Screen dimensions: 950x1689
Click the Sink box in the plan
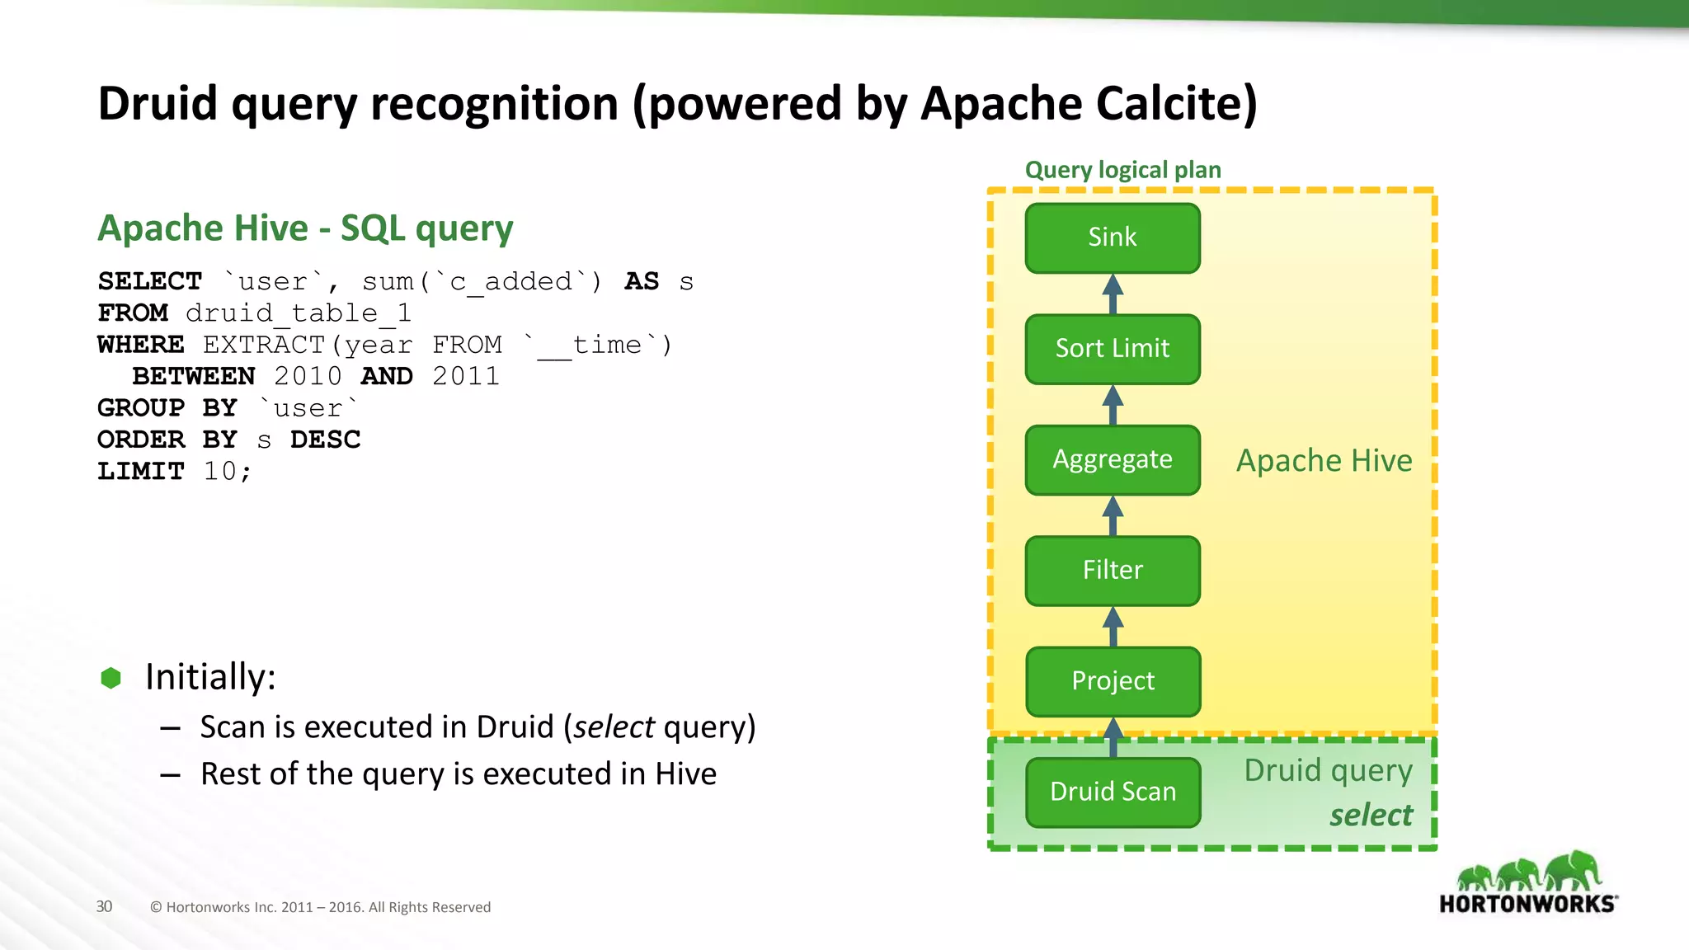click(1113, 237)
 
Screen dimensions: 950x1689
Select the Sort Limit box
click(1113, 349)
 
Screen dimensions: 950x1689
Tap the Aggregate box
click(1113, 459)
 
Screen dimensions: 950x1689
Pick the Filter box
click(1113, 571)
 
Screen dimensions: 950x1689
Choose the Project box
click(1113, 681)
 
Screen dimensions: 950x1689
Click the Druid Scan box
click(1113, 792)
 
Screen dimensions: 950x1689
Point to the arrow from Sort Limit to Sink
click(1113, 294)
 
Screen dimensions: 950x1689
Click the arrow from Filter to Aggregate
click(1113, 515)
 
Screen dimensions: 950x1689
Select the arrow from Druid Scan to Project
click(1113, 737)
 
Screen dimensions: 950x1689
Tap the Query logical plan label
click(1122, 170)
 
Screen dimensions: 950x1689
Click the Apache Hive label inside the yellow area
click(1324, 460)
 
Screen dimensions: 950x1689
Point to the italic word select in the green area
click(1371, 815)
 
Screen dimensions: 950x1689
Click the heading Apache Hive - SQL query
click(305, 228)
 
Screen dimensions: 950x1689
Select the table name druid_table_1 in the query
click(298, 313)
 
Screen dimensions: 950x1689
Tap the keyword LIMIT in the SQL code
click(140, 471)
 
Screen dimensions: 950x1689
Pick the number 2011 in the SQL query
click(466, 376)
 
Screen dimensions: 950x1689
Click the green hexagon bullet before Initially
click(111, 678)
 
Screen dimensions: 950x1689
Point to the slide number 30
click(104, 906)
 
